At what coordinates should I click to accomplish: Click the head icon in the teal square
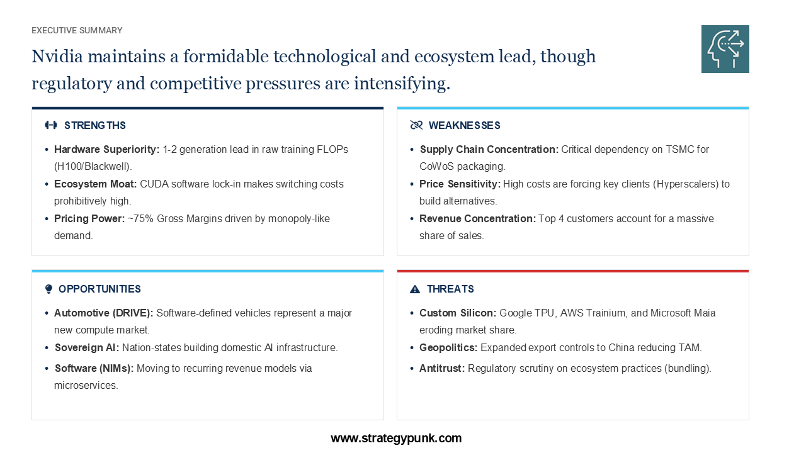click(725, 49)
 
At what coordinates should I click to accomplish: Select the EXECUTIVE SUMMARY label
click(77, 31)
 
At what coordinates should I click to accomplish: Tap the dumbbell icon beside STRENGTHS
click(51, 125)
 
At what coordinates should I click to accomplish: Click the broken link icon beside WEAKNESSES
click(416, 125)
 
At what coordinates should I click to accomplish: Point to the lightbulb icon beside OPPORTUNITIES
click(49, 289)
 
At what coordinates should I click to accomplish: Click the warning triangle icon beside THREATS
click(415, 289)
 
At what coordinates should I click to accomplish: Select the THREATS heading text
click(450, 289)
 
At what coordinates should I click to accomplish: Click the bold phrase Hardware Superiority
click(107, 150)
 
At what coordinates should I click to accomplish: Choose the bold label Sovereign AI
click(87, 348)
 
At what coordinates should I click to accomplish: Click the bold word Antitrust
click(442, 369)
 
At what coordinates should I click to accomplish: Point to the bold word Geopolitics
click(448, 348)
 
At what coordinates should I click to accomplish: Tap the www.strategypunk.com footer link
click(396, 439)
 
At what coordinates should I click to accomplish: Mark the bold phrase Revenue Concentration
click(477, 218)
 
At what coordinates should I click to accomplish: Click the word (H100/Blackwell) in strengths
click(93, 167)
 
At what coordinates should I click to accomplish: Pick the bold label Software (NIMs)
click(94, 369)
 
